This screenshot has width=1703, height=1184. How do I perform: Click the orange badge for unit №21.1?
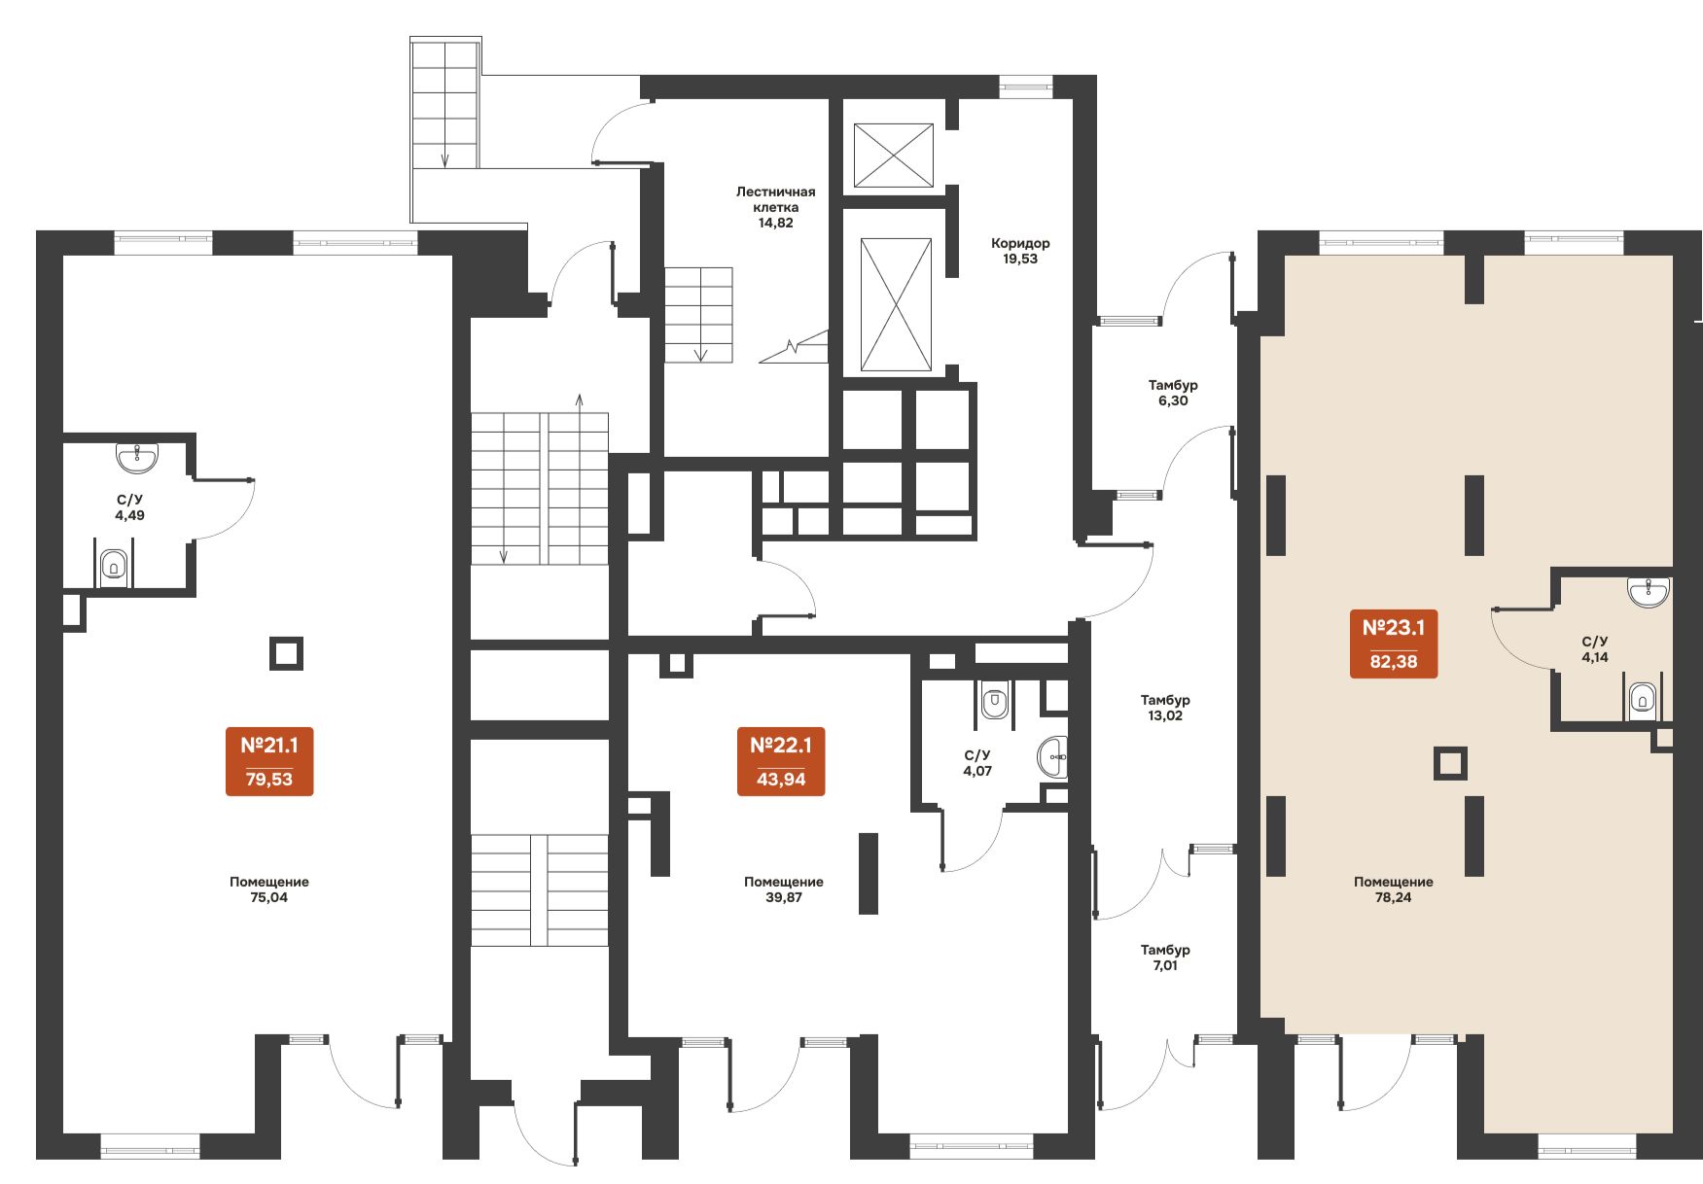click(269, 761)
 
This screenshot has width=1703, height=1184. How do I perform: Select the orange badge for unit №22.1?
click(781, 761)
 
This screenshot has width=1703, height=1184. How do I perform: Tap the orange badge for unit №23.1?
click(1394, 644)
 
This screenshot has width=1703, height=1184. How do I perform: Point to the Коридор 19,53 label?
click(1020, 251)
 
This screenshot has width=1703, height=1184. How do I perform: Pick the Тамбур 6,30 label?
click(1173, 393)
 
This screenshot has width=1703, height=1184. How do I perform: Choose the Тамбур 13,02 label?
click(1165, 708)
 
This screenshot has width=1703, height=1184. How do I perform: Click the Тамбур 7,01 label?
click(1165, 958)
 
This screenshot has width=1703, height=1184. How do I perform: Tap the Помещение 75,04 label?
click(269, 889)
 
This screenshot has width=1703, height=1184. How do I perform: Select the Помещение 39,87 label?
click(784, 889)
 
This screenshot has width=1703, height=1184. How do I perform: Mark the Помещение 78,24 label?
click(1394, 889)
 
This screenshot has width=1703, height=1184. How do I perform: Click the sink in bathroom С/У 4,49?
click(137, 458)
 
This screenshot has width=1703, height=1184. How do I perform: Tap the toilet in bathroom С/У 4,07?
click(994, 701)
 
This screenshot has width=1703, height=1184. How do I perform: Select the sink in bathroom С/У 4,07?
click(1052, 757)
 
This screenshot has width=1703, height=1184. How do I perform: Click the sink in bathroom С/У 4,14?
click(1649, 592)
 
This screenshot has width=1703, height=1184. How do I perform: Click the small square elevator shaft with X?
click(894, 156)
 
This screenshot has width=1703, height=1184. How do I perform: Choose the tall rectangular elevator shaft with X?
click(896, 305)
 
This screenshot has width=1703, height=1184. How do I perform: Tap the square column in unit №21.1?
click(286, 654)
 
